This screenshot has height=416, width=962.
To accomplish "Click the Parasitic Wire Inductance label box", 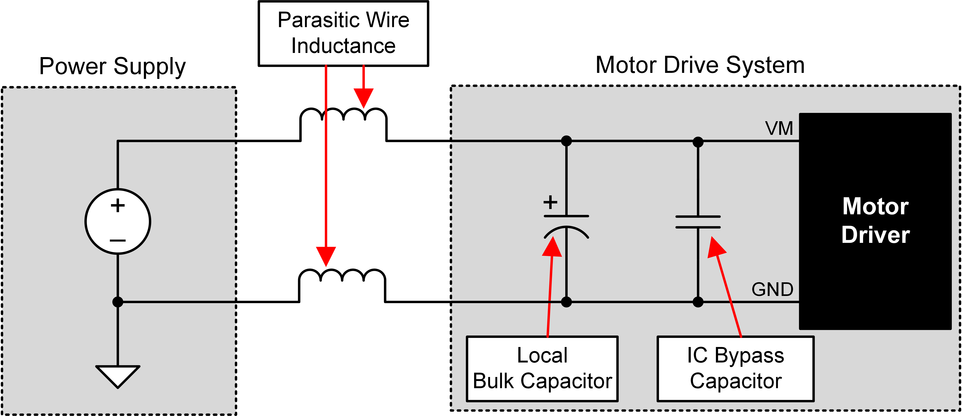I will pos(343,34).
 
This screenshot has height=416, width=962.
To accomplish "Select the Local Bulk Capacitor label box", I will pos(542,369).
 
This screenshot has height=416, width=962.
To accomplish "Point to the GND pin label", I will pos(772,289).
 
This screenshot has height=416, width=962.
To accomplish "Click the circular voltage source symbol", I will pos(118,222).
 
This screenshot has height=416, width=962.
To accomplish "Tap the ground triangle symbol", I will pos(118,375).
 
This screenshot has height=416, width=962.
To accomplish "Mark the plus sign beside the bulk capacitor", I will pos(550,203).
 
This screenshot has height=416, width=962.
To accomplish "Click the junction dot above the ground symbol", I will pos(118,302).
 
